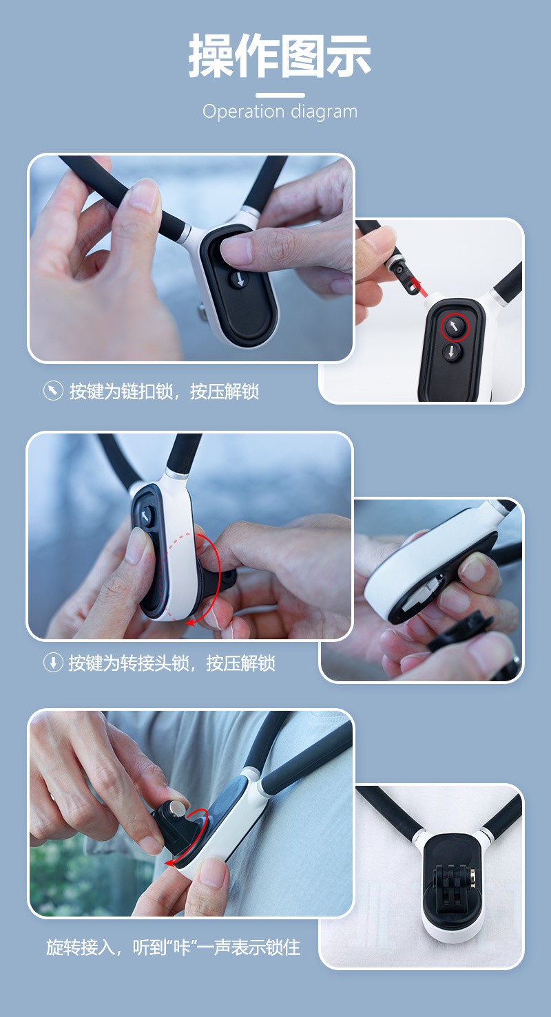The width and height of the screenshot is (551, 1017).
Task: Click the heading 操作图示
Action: click(x=280, y=55)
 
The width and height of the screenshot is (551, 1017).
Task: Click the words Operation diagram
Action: click(x=280, y=111)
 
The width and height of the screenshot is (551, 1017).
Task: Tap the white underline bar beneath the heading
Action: click(x=280, y=96)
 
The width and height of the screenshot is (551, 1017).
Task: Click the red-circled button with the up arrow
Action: click(x=455, y=327)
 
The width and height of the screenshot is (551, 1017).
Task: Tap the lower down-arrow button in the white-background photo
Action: click(x=451, y=352)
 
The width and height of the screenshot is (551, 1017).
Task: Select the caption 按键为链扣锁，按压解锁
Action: click(x=164, y=392)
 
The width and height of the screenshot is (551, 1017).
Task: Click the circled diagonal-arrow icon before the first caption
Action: click(x=53, y=391)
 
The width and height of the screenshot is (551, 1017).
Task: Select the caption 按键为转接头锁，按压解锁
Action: click(x=172, y=663)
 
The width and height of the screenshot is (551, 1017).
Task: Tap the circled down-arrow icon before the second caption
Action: click(x=53, y=663)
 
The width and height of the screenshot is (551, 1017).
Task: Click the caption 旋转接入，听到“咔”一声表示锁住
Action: click(x=173, y=948)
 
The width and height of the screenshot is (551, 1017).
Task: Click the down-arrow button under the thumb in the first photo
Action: click(x=240, y=280)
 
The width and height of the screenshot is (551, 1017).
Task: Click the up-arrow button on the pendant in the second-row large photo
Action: click(x=146, y=516)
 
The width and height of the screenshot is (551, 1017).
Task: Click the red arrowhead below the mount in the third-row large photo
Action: click(x=170, y=863)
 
